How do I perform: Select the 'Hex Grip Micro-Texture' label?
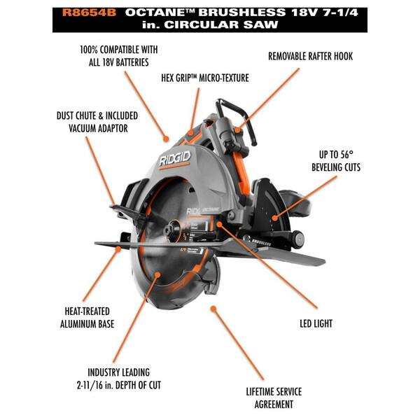(204, 78)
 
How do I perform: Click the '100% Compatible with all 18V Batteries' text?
(118, 56)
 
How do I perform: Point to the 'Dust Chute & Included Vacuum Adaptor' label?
(97, 121)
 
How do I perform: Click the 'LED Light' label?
(312, 323)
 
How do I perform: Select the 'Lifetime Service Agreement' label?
(270, 398)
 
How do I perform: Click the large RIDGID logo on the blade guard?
(175, 161)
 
